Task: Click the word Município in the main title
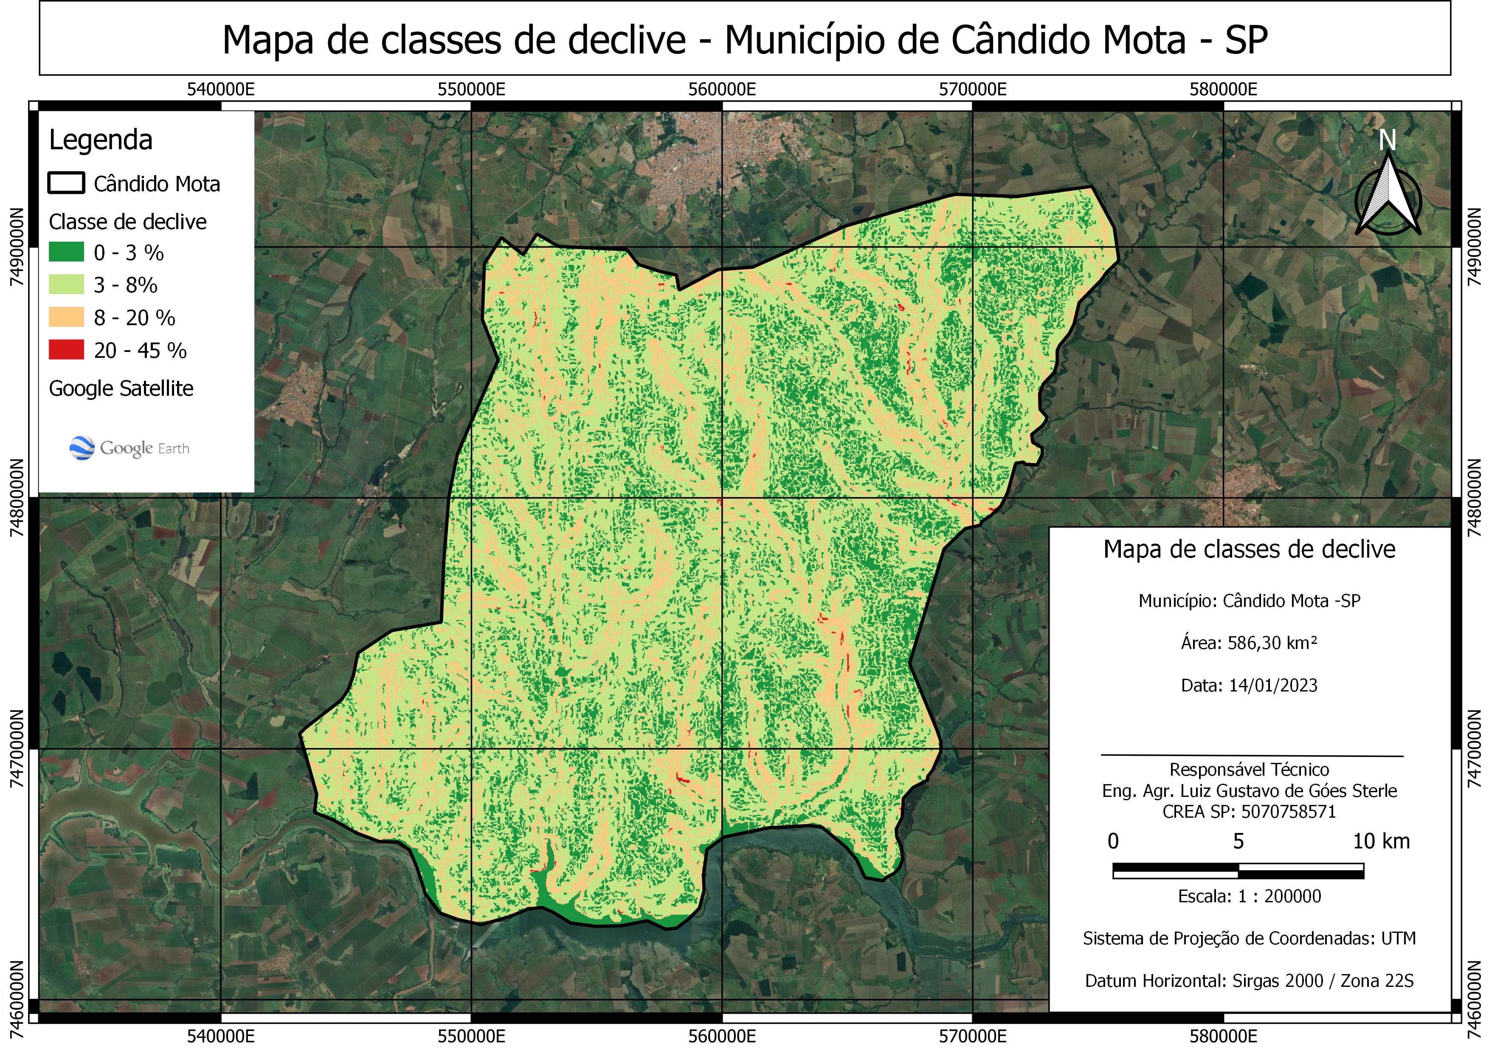pyautogui.click(x=831, y=40)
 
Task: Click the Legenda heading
pyautogui.click(x=101, y=140)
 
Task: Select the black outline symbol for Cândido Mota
pyautogui.click(x=66, y=183)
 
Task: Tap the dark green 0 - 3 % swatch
pyautogui.click(x=66, y=252)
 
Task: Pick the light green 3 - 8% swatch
pyautogui.click(x=66, y=284)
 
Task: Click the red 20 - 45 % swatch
pyautogui.click(x=66, y=350)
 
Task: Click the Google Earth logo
pyautogui.click(x=129, y=448)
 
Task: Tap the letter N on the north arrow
pyautogui.click(x=1387, y=140)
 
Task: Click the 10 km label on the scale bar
pyautogui.click(x=1381, y=841)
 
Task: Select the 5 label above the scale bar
pyautogui.click(x=1238, y=841)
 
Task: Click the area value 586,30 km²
pyautogui.click(x=1272, y=643)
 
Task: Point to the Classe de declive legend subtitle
pyautogui.click(x=128, y=222)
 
